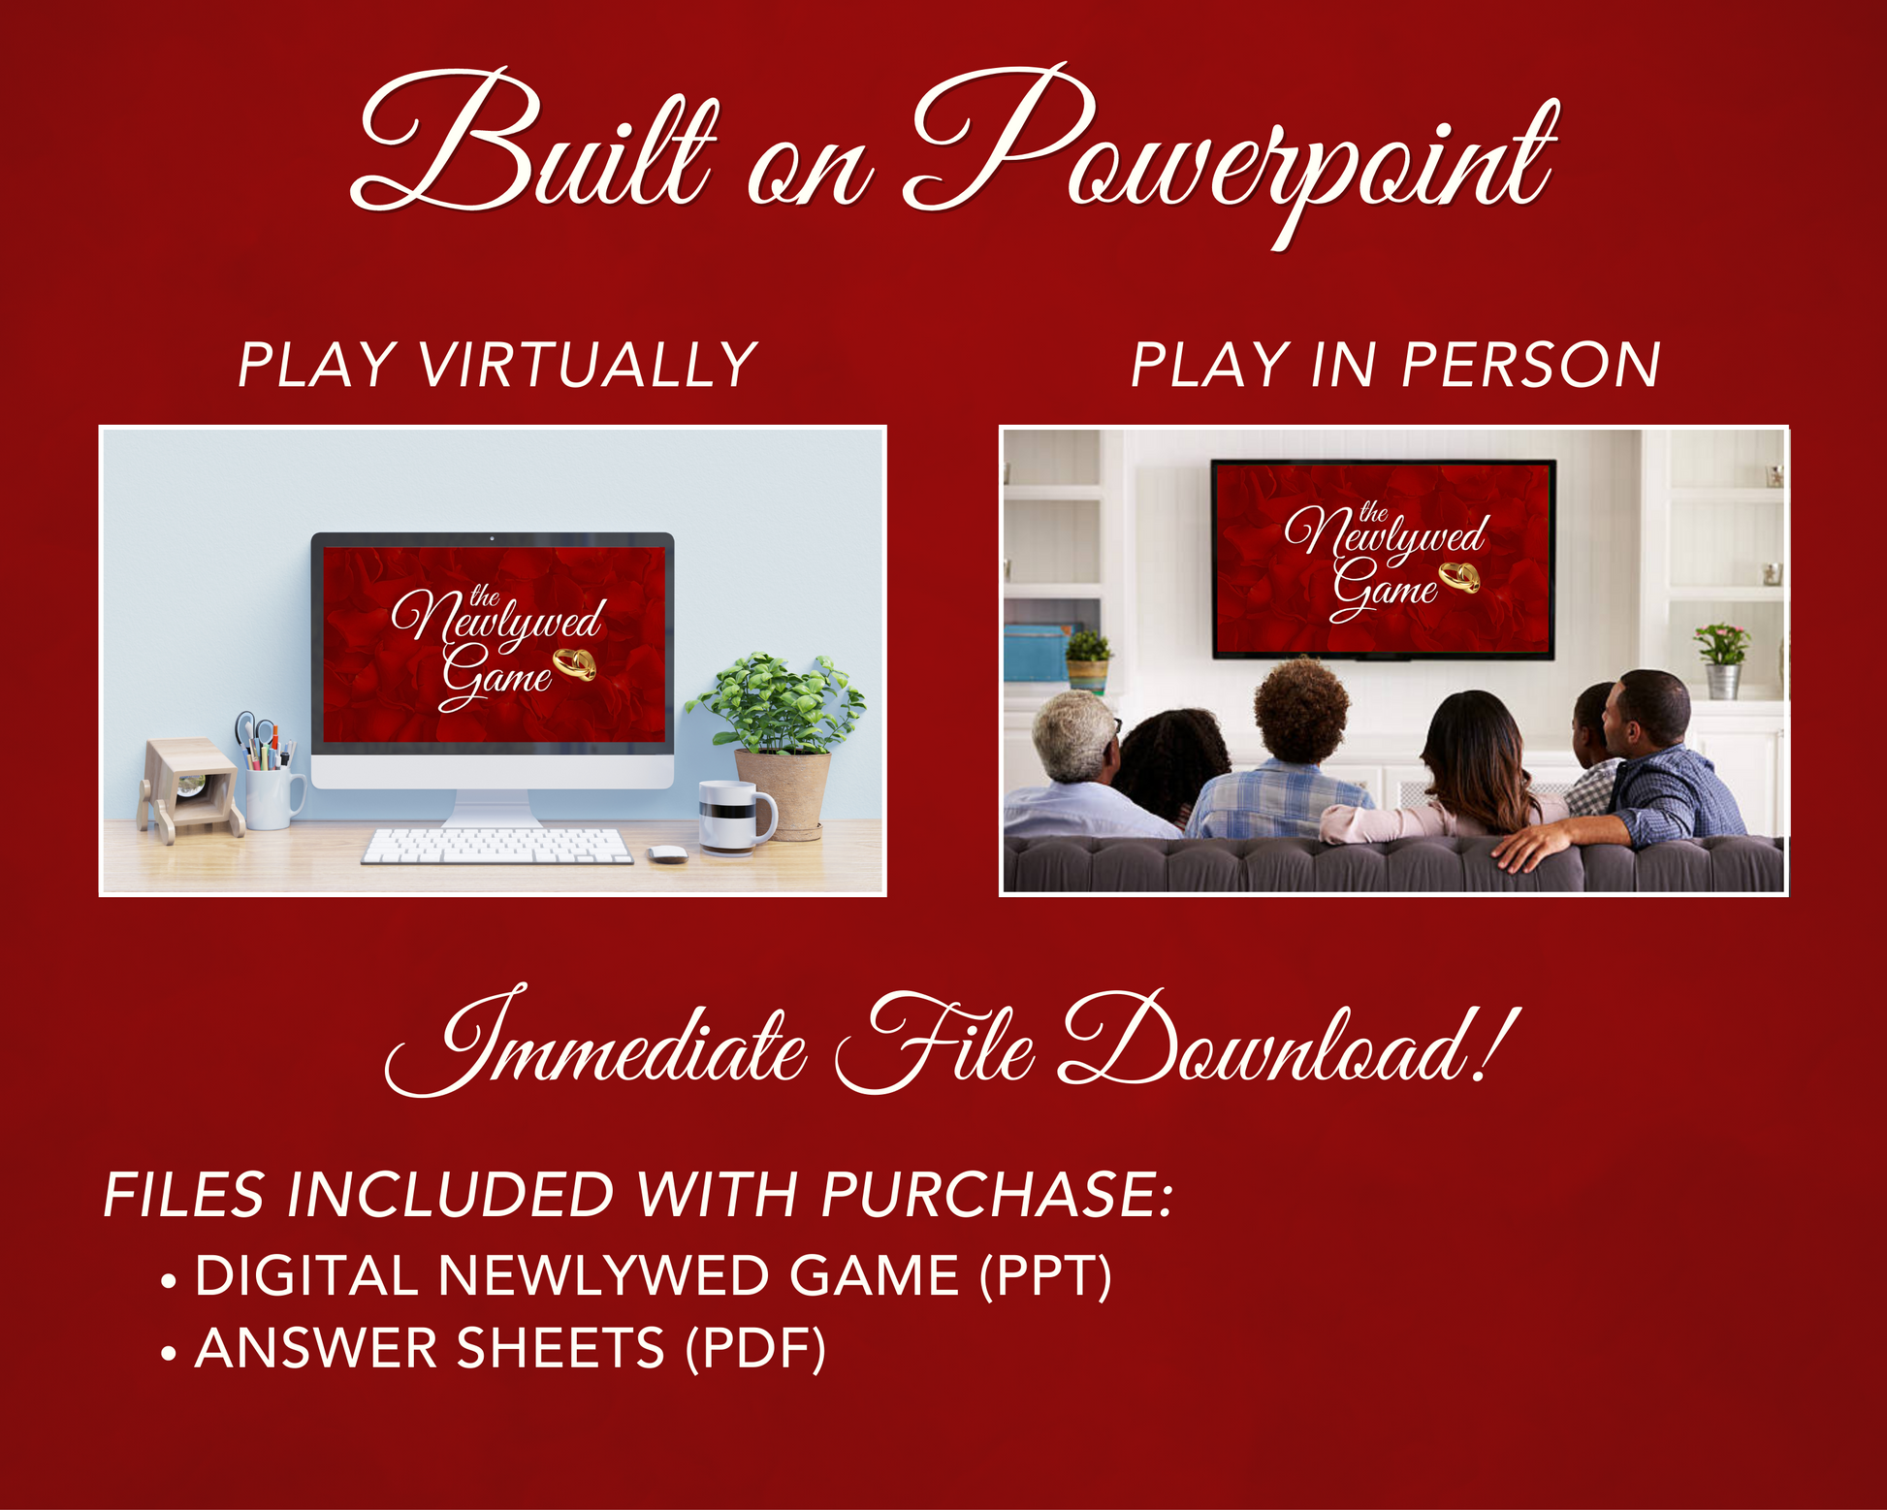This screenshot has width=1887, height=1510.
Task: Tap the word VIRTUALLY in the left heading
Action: tap(588, 366)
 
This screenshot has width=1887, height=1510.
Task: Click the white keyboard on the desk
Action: tap(496, 846)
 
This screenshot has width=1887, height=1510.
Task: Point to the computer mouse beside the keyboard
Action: tap(667, 854)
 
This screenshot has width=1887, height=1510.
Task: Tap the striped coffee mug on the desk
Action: tap(737, 817)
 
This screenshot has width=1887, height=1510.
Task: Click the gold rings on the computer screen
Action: tap(574, 664)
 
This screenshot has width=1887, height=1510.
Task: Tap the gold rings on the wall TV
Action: tap(1459, 577)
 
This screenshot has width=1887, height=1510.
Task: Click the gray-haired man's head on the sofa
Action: tap(1074, 735)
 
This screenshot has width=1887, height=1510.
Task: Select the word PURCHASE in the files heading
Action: tap(997, 1194)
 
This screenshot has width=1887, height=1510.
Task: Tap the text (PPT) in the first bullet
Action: tap(1045, 1276)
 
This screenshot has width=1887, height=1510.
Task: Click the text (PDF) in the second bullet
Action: tap(755, 1349)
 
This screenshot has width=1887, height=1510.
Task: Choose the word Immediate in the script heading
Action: tap(595, 1043)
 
